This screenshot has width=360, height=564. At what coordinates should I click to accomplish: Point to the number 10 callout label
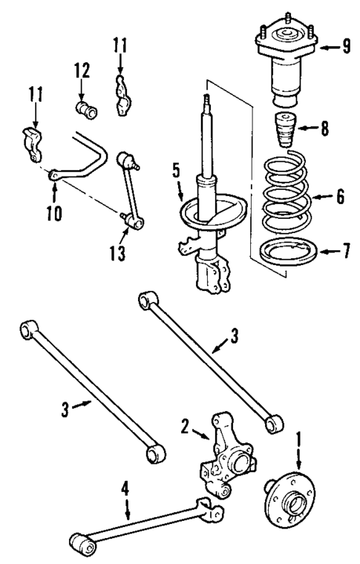54,213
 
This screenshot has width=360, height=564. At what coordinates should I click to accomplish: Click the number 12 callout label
82,71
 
